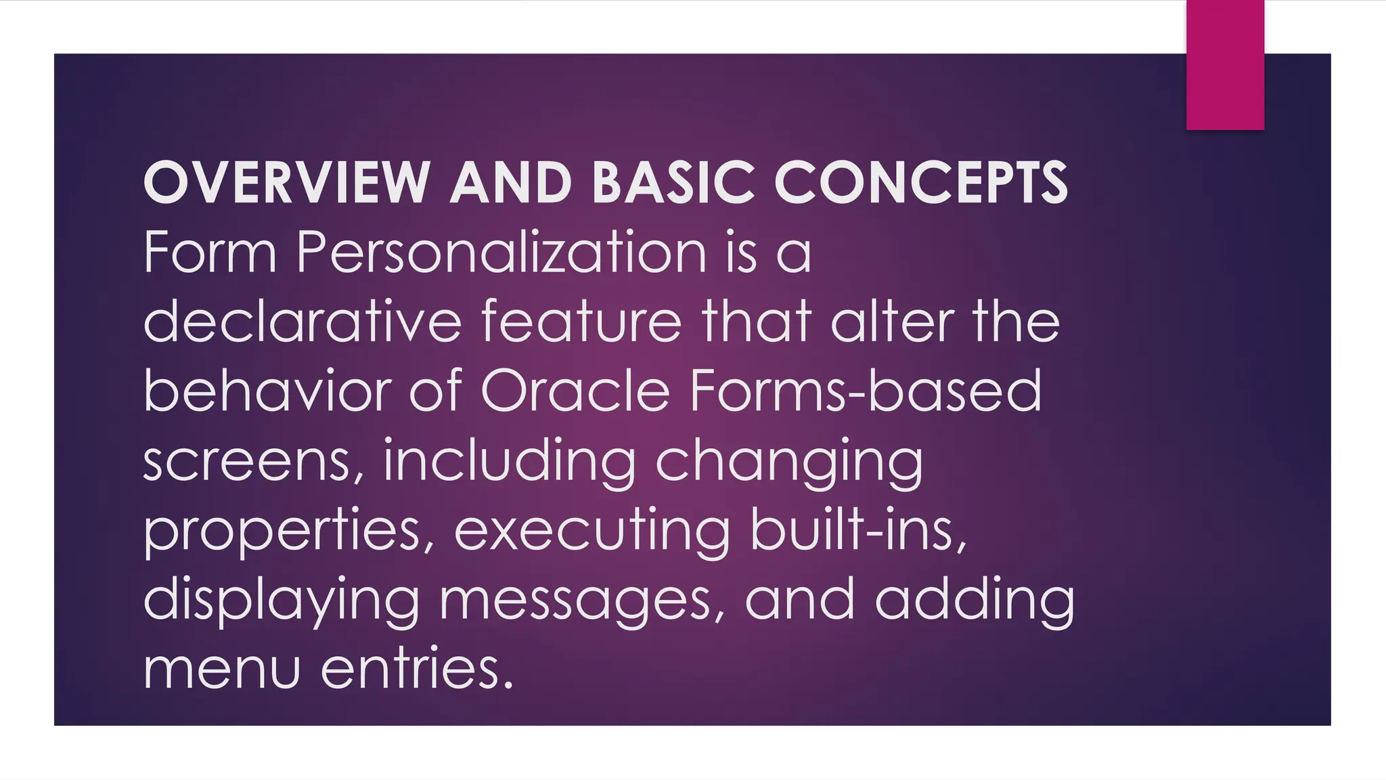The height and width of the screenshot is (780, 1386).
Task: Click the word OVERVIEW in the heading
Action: tap(286, 182)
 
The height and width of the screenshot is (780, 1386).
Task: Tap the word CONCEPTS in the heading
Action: tap(920, 182)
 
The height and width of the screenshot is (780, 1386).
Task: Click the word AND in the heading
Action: tap(512, 182)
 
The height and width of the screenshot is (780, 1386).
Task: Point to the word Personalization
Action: tap(501, 253)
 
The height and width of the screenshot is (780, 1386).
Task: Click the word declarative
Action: tap(303, 322)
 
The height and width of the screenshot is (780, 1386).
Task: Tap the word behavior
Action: tap(268, 391)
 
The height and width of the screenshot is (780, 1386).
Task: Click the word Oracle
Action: tap(575, 391)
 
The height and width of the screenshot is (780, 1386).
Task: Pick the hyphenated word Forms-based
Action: tap(866, 391)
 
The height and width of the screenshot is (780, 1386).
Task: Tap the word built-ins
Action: tap(858, 529)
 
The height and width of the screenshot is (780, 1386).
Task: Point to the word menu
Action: tap(221, 669)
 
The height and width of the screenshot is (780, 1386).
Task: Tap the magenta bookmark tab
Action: tap(1225, 64)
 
